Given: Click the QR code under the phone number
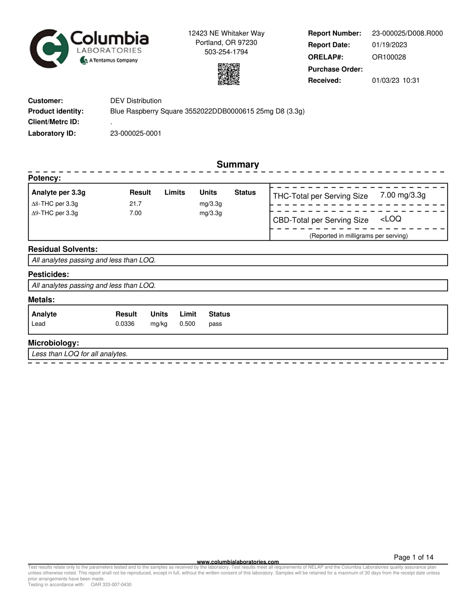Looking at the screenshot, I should (x=229, y=74).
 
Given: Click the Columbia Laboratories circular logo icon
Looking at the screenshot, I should (x=49, y=49).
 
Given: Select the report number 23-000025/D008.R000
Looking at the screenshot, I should (x=407, y=33).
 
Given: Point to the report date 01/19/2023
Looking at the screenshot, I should (x=389, y=45).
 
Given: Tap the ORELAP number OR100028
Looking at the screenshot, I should (x=389, y=57).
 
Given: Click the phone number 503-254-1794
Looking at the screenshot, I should (x=226, y=52).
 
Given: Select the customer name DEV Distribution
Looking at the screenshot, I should (x=136, y=101).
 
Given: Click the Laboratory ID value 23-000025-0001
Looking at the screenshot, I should (x=135, y=133).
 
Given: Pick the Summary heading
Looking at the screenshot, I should (x=238, y=164).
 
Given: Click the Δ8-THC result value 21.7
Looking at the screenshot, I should (x=135, y=204).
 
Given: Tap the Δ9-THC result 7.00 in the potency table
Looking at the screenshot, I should (x=135, y=213).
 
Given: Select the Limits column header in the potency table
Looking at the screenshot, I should (x=175, y=192).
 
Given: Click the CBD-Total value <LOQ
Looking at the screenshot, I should (x=391, y=219).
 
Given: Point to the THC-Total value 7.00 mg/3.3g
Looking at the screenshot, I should (x=403, y=195).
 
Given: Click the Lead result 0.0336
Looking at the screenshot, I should (x=125, y=324).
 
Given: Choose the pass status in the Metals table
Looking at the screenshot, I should (x=215, y=324).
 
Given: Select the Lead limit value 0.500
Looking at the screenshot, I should (x=187, y=324).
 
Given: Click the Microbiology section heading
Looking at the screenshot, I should (x=53, y=343).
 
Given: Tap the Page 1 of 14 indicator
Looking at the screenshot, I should (x=413, y=557).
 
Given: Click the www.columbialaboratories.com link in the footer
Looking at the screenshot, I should (x=238, y=562).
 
